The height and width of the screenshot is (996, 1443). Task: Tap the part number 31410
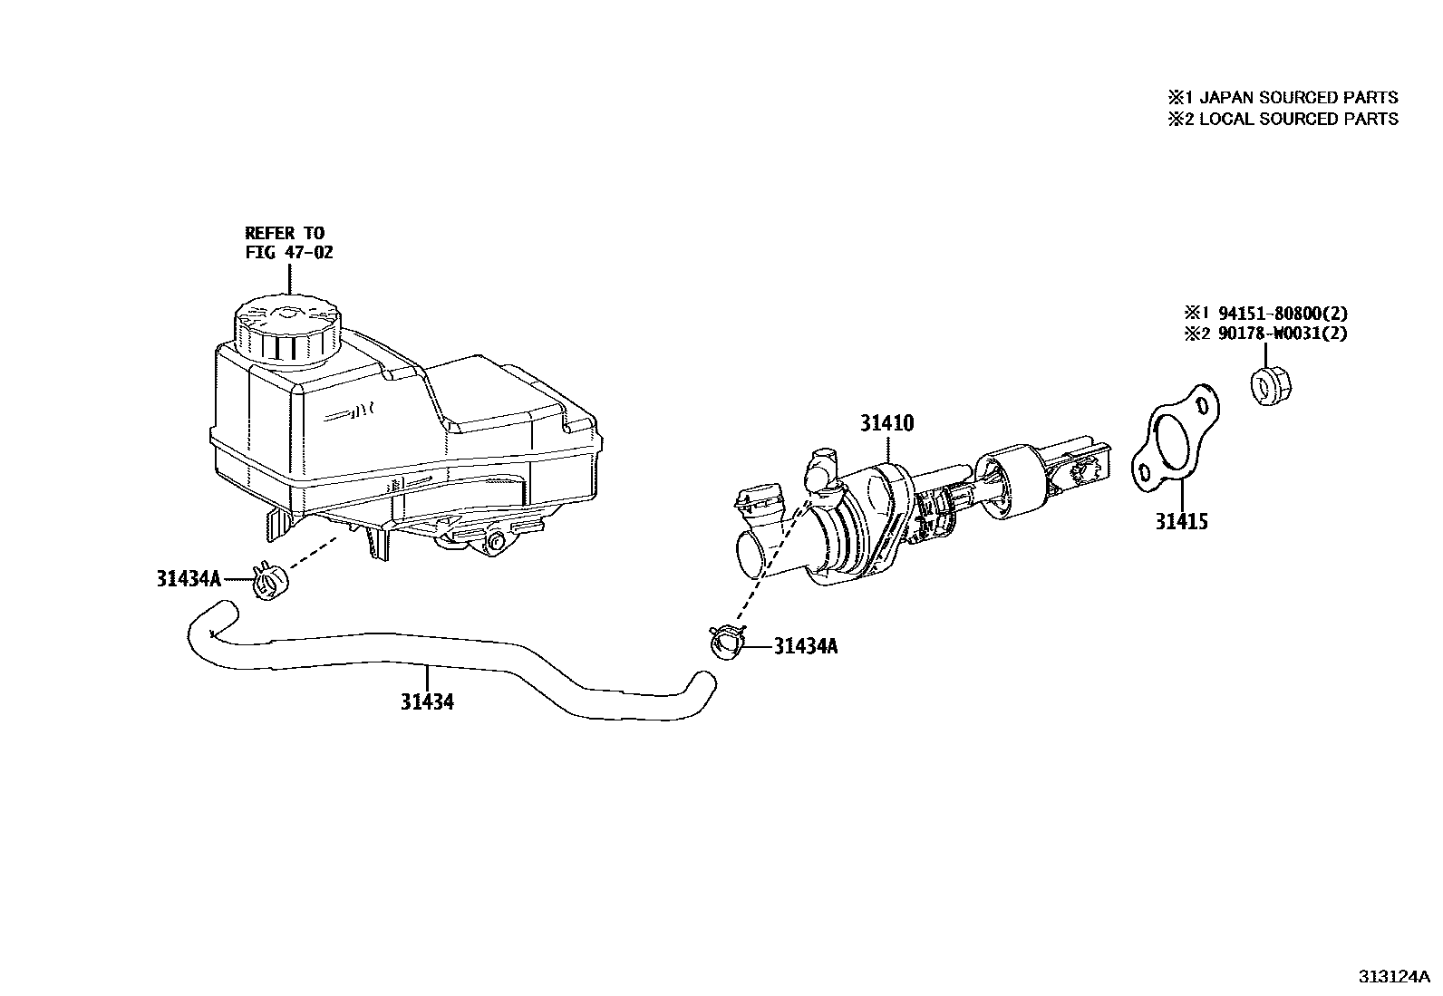[887, 423]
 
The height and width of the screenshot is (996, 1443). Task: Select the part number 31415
[1181, 521]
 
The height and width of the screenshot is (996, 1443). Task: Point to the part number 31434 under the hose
[428, 701]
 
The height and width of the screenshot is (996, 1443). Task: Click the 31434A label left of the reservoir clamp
[189, 578]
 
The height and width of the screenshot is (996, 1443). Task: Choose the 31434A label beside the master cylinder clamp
[806, 646]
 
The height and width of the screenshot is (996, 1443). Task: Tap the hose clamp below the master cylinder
[727, 643]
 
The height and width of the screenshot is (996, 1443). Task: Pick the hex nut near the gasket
[1274, 386]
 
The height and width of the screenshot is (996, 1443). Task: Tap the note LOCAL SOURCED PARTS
[1298, 119]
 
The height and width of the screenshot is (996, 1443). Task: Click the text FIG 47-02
[289, 252]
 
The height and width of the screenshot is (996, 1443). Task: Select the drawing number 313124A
[1393, 977]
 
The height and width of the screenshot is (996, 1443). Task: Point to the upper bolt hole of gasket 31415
[1203, 403]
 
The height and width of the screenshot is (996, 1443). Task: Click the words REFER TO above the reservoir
[285, 233]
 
